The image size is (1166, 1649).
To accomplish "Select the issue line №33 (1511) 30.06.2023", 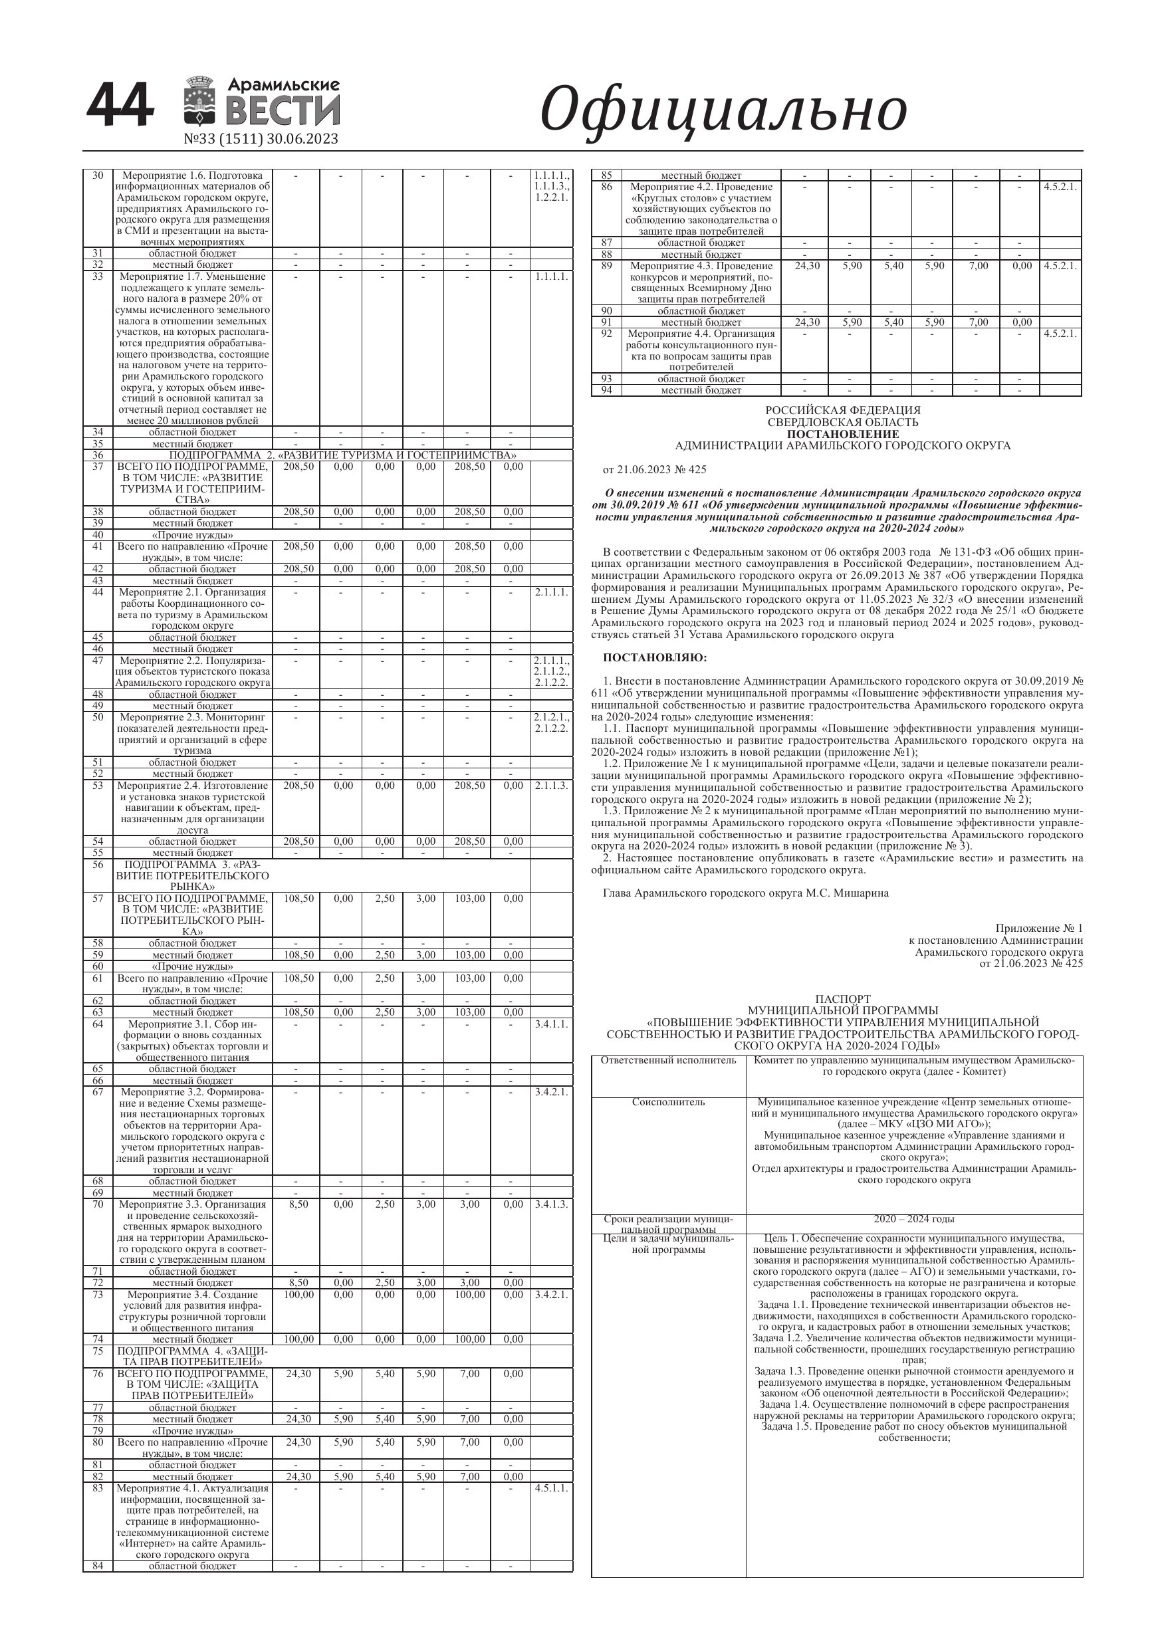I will point(261,139).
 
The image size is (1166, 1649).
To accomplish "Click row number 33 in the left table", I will point(98,276).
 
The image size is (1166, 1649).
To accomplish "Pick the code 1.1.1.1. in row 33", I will point(552,276).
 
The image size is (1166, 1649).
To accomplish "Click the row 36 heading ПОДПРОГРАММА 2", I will point(343,455).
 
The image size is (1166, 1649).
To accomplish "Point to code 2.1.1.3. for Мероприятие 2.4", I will point(552,786).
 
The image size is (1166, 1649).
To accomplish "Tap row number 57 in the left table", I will point(98,899).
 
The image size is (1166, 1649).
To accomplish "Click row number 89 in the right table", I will point(606,266).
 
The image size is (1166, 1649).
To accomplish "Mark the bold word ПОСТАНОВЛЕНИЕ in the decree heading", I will point(842,435).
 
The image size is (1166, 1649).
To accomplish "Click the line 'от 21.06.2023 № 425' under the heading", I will point(655,470).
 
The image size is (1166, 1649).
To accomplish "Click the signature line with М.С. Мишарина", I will point(746,893).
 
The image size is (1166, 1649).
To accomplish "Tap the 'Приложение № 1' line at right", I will point(1039,929).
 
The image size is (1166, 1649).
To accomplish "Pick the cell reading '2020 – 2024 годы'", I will point(914,1219).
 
